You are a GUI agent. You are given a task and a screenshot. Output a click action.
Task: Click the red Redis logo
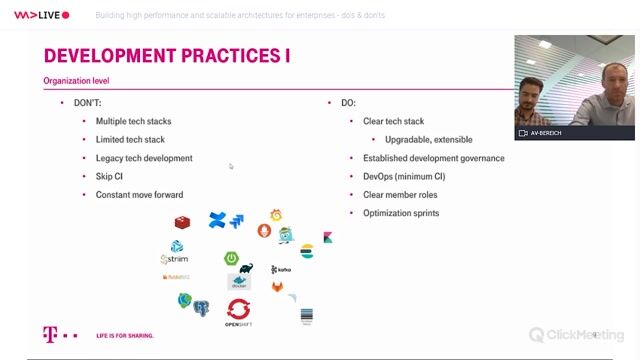[x=183, y=222]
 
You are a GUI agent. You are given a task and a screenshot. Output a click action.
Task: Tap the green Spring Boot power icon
[x=231, y=258]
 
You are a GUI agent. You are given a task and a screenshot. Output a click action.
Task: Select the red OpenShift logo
[x=238, y=311]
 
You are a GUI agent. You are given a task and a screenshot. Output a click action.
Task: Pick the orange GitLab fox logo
[x=277, y=288]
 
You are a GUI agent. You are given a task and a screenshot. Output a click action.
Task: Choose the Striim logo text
[x=175, y=259]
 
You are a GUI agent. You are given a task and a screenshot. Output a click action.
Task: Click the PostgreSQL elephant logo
[x=201, y=307]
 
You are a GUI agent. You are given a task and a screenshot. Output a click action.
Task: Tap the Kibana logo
[x=328, y=238]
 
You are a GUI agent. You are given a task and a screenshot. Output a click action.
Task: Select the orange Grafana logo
[x=276, y=215]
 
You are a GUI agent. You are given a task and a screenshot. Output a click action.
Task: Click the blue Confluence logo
[x=217, y=220]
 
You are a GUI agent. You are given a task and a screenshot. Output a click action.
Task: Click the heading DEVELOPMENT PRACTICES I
[x=167, y=55]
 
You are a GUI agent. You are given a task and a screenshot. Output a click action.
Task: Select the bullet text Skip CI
[x=109, y=176]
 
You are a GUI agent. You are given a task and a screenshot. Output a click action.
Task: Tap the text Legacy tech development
[x=144, y=158]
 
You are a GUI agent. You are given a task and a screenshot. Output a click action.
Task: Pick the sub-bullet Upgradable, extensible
[x=428, y=139]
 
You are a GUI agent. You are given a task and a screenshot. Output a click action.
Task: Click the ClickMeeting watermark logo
[x=576, y=335]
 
